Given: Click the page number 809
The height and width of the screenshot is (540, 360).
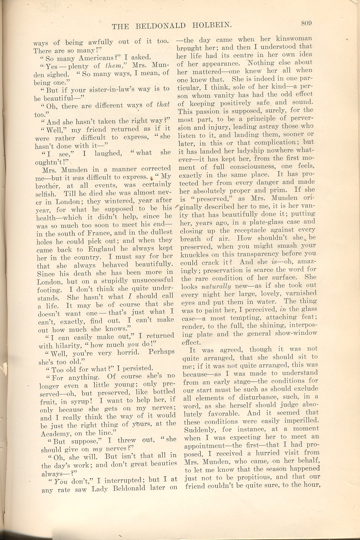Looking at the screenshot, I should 306,23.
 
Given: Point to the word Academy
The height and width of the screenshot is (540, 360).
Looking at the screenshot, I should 54,433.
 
